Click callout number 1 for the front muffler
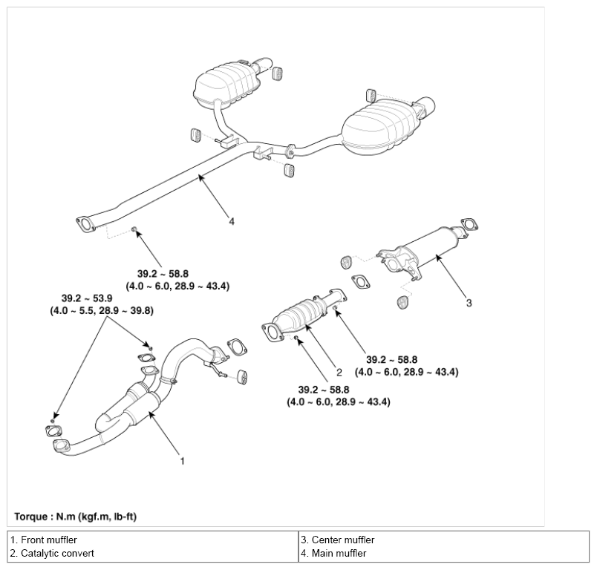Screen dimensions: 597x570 (x=183, y=461)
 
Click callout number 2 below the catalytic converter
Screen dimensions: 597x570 (x=339, y=372)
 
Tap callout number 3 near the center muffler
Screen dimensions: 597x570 (x=469, y=303)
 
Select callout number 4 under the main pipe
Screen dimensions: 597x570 (x=232, y=221)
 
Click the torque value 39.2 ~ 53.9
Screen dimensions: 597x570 (x=87, y=298)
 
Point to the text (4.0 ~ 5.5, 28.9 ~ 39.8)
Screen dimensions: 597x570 (x=102, y=310)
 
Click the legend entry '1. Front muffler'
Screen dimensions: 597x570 (x=43, y=540)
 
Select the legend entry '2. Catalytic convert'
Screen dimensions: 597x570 (x=52, y=553)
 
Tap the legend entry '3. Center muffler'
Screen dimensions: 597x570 (x=338, y=540)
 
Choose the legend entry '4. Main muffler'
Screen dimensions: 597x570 (x=333, y=553)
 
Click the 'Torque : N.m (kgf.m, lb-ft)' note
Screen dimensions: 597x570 (x=76, y=517)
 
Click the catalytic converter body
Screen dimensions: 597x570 (x=297, y=315)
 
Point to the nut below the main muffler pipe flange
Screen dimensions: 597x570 (x=134, y=229)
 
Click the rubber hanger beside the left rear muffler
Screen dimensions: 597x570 (x=278, y=73)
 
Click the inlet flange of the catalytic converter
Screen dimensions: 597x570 (x=272, y=332)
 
